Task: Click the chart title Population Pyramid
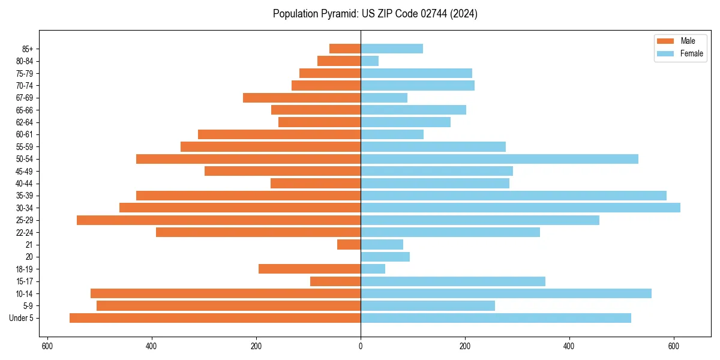[375, 14]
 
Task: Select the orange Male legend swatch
[666, 41]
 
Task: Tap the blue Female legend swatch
[666, 53]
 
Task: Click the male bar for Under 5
[215, 318]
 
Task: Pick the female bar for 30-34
[520, 208]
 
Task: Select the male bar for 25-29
[218, 220]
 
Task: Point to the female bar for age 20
[385, 257]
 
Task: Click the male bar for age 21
[349, 245]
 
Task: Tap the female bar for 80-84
[370, 61]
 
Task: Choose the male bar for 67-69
[302, 98]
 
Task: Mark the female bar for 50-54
[499, 159]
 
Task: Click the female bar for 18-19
[373, 269]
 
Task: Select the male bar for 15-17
[335, 281]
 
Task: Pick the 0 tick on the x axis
[361, 346]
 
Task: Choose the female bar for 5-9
[428, 306]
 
